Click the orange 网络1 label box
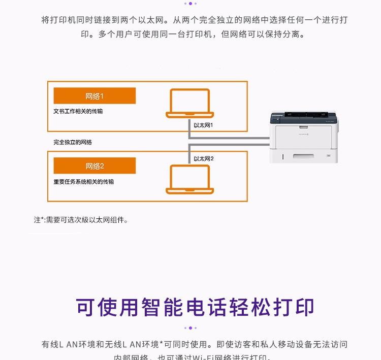[x=94, y=96]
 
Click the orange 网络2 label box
[x=94, y=166]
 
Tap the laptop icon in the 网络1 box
[x=189, y=104]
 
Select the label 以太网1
[x=203, y=125]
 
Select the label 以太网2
[x=203, y=158]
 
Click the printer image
[x=303, y=136]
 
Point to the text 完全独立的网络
[x=73, y=142]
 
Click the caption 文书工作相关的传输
[x=78, y=111]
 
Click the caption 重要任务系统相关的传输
[x=84, y=181]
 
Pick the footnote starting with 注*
[x=81, y=220]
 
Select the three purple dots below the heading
[x=190, y=328]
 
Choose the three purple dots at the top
[x=190, y=3]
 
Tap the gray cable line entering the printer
[x=254, y=138]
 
